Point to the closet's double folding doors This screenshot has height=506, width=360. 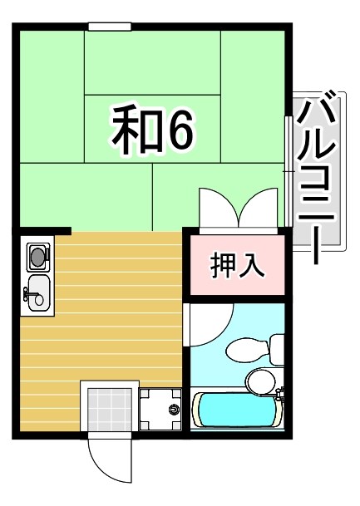click(x=238, y=208)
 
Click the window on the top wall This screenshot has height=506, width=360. click(x=110, y=27)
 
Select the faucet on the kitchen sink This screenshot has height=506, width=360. click(x=29, y=292)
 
